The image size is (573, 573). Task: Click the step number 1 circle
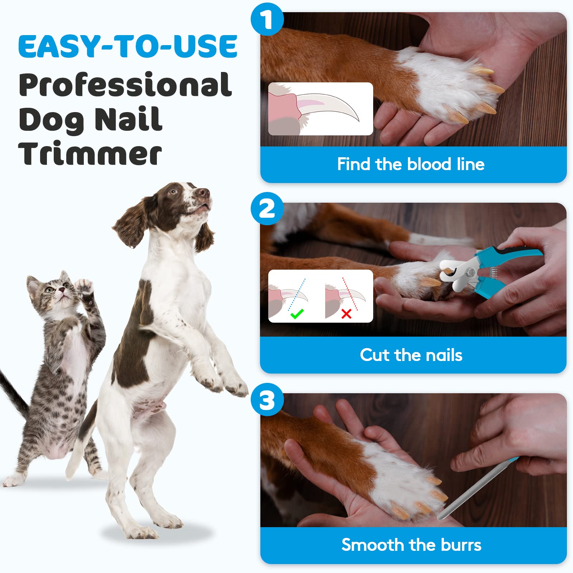click(267, 19)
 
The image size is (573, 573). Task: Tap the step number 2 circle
click(267, 208)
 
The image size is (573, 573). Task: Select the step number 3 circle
click(267, 400)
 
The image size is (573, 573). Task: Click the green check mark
click(297, 314)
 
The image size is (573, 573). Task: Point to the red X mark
click(346, 314)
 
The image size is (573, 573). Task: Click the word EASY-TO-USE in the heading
click(128, 46)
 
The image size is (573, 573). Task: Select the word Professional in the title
click(125, 85)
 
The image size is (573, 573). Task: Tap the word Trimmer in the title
click(90, 154)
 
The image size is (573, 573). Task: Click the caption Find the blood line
click(411, 164)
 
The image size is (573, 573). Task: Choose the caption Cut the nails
click(411, 355)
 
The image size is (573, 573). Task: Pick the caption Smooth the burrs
click(411, 545)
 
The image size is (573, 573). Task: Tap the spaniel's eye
click(173, 191)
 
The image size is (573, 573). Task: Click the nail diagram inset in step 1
click(321, 109)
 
